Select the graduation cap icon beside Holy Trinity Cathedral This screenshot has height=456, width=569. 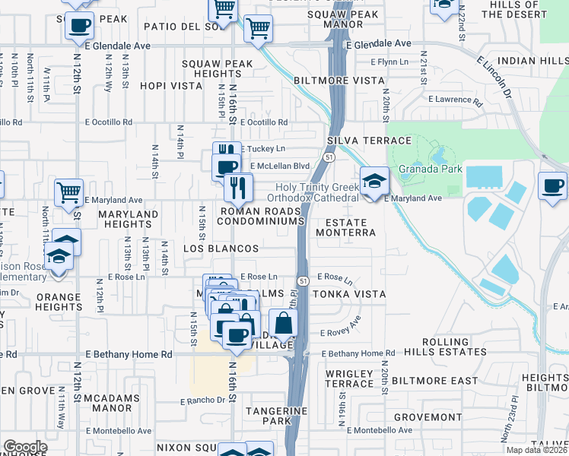[374, 182]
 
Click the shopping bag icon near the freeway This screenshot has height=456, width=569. [284, 323]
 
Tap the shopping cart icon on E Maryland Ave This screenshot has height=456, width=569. [69, 192]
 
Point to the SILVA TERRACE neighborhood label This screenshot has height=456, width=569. [370, 141]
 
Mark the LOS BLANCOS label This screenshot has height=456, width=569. [221, 249]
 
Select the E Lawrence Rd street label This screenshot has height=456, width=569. [456, 100]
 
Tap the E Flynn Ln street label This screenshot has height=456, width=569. [390, 62]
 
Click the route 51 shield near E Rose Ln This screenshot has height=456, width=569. [302, 281]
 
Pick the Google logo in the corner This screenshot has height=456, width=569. [26, 447]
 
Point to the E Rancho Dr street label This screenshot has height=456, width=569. [203, 401]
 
